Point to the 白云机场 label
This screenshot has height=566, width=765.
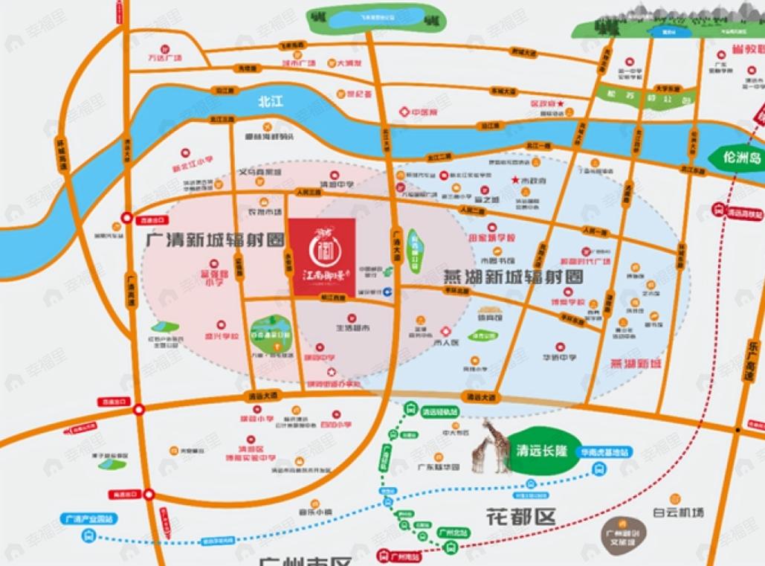[x=678, y=512]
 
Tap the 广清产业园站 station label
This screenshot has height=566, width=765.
[x=82, y=518]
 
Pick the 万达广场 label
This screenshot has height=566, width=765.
[x=164, y=57]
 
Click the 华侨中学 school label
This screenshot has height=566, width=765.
[x=559, y=356]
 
